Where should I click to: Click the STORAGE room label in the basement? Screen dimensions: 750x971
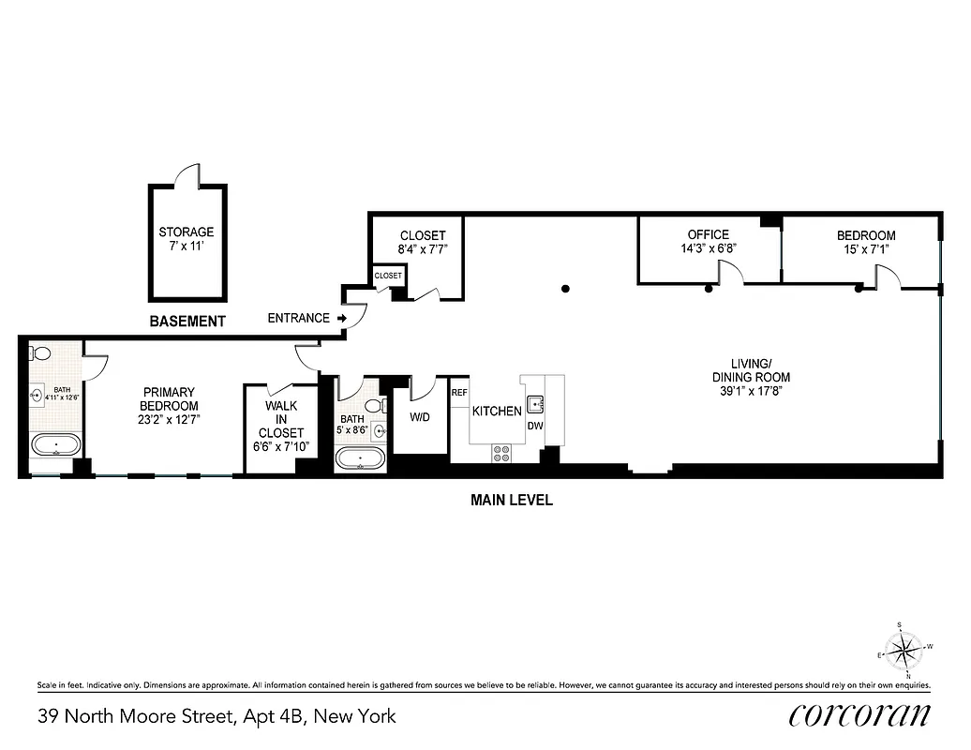coord(186,232)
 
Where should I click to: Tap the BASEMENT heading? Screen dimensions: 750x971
coord(187,322)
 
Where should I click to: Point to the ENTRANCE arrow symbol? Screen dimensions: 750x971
coord(343,319)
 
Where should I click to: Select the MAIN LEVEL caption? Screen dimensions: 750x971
coord(511,501)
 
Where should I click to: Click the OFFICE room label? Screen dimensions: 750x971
coord(708,234)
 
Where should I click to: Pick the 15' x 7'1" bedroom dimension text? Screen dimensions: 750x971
coord(866,250)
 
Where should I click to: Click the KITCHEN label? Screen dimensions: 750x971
coord(497,412)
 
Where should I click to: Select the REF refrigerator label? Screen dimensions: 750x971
coord(459,393)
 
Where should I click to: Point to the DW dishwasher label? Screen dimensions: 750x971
coord(535,426)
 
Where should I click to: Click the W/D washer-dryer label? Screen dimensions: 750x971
coord(418,417)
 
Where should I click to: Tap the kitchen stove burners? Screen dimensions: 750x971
coord(501,453)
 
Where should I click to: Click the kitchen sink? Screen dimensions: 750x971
coord(536,404)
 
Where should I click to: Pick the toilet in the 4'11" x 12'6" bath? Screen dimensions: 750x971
coord(40,353)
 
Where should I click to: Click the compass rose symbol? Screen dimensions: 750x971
coord(904,649)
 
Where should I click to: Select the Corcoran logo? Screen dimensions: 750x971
coord(859,715)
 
